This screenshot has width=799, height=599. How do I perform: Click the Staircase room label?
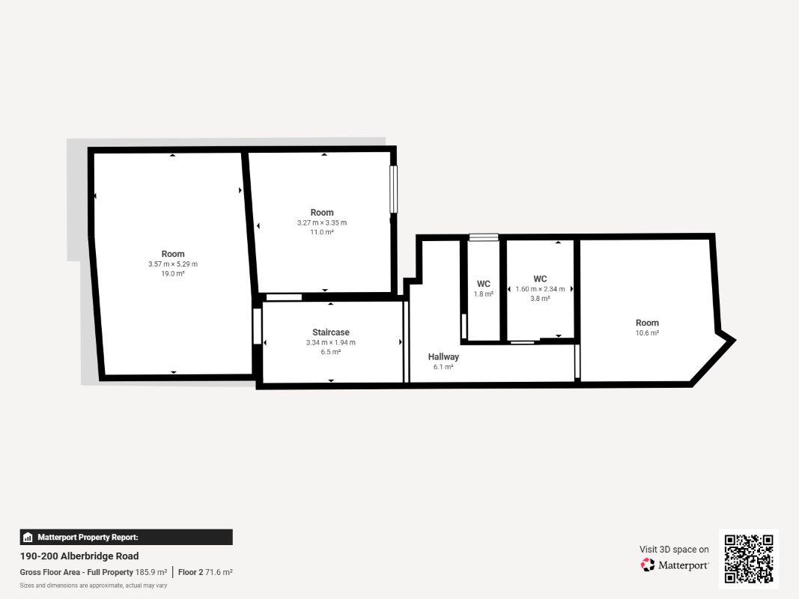(331, 332)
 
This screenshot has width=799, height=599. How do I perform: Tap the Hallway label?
(443, 356)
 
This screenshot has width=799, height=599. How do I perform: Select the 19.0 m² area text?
(173, 273)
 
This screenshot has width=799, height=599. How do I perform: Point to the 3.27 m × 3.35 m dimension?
(322, 222)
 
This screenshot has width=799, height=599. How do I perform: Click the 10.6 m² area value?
(647, 332)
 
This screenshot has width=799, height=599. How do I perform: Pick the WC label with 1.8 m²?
(484, 284)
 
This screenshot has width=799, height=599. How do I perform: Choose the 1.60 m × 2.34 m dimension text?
(540, 289)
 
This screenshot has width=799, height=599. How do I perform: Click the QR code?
(749, 559)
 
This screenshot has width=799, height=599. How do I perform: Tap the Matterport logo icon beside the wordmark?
(648, 565)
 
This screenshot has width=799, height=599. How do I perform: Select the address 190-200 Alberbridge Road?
(79, 556)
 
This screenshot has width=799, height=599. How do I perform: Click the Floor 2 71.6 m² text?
(205, 572)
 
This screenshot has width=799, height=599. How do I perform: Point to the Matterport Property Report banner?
(127, 538)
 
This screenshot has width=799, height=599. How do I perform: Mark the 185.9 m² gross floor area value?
(151, 572)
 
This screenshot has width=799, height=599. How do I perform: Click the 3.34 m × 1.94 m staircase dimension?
(331, 342)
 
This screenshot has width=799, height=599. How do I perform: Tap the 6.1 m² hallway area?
(443, 367)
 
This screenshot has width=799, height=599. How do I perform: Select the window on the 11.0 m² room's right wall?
(393, 189)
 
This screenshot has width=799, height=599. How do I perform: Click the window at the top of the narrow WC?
(484, 237)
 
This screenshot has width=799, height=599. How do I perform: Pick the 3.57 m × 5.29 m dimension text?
(173, 264)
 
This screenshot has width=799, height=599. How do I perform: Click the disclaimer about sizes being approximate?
(94, 586)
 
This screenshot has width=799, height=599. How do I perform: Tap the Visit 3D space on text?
(674, 549)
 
